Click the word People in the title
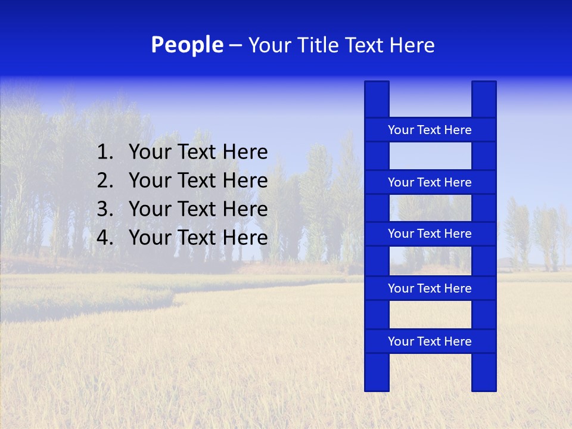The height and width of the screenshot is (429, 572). (x=187, y=45)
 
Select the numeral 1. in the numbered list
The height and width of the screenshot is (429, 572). (x=105, y=153)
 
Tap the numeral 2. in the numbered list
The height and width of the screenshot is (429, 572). (x=105, y=181)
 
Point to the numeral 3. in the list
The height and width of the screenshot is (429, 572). (x=105, y=209)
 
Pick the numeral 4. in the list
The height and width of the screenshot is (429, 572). (x=105, y=238)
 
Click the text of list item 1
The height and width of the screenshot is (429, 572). (x=198, y=153)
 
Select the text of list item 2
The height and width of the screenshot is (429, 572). (x=198, y=181)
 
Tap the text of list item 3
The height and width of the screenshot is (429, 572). (x=198, y=209)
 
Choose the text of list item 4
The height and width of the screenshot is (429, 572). (x=198, y=238)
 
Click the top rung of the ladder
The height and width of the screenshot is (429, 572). (x=430, y=130)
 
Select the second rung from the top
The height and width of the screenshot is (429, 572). (x=430, y=182)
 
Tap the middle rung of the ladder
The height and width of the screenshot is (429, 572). (x=430, y=234)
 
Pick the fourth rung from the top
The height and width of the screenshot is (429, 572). (x=430, y=288)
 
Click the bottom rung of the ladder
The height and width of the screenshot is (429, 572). (x=430, y=341)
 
